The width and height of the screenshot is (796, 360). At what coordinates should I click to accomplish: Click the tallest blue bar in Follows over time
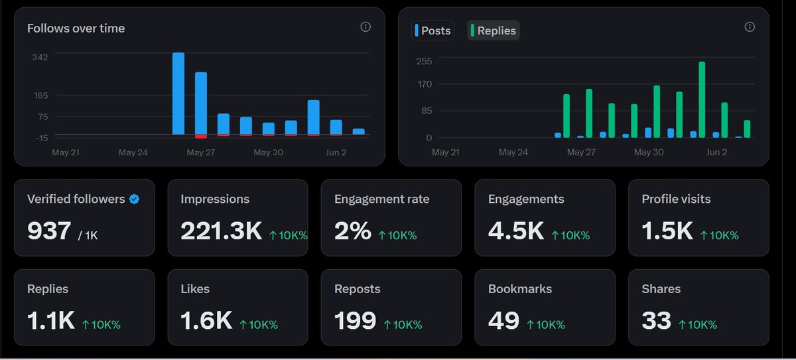pos(178,93)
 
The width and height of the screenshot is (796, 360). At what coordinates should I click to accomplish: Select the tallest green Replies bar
pos(702,99)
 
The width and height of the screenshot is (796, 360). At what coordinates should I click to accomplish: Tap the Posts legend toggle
pos(432,30)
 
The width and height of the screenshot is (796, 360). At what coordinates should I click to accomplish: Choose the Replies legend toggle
pos(494,30)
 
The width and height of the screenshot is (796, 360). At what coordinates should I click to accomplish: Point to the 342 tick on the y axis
pos(40,57)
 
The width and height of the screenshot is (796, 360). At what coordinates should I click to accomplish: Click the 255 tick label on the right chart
pos(425,61)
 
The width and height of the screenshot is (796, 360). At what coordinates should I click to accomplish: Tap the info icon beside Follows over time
pos(365,27)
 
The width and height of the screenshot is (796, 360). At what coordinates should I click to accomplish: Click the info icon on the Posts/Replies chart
pos(750,27)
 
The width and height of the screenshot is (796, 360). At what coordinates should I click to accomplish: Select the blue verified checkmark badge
pos(134,199)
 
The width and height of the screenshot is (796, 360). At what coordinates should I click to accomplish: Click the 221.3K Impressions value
pos(221,231)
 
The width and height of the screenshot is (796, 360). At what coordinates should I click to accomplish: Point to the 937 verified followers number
pos(49,231)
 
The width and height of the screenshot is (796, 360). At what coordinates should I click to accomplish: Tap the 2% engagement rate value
pos(352,231)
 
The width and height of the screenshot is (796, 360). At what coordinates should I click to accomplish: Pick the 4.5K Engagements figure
pos(516,231)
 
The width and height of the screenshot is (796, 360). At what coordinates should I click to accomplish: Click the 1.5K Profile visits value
pos(667,231)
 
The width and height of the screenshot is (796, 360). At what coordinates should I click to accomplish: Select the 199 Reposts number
pos(355,321)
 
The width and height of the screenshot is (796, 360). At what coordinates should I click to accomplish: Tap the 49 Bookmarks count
pos(503,321)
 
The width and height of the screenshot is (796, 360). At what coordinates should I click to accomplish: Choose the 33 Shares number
pos(656,321)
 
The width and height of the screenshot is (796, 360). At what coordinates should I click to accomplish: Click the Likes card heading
pos(195,289)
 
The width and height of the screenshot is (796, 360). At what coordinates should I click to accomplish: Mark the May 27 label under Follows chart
pos(201,152)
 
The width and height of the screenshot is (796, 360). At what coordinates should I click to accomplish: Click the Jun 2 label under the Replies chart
pos(716,152)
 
